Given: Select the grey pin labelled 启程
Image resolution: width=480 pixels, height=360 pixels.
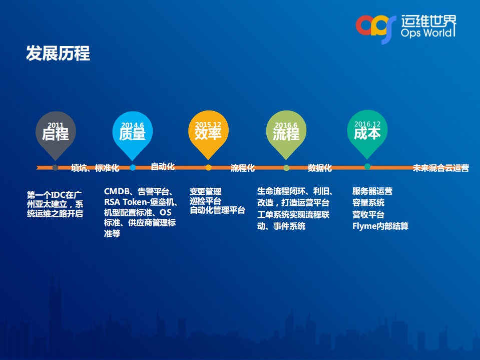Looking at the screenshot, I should tap(55, 132).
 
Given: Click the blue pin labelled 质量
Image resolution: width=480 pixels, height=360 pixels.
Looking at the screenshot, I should tap(132, 132).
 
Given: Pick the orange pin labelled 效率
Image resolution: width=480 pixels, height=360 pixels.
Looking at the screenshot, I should tap(208, 131).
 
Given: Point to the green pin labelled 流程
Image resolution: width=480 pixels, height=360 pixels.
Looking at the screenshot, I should tap(286, 132).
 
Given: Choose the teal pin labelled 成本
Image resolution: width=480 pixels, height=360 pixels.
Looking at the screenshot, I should tap(367, 131).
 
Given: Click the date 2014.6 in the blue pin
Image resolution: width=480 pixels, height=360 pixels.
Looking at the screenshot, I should tap(132, 125).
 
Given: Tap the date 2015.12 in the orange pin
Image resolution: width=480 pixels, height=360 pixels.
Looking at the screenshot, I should tap(208, 125).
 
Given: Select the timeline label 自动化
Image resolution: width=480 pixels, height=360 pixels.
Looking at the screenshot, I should tap(163, 166).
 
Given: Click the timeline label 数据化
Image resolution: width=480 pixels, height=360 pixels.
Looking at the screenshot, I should tap(319, 168).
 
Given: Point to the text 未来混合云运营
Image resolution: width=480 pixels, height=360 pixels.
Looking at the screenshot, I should tap(440, 168).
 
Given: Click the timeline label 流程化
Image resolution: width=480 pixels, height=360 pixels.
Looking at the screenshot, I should tap(242, 168).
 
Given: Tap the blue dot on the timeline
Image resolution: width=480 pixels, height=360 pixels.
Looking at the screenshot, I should tap(133, 168).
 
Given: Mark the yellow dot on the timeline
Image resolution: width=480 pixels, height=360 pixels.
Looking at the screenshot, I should tap(208, 168).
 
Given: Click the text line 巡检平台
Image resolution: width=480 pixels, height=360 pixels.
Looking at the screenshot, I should tap(205, 201).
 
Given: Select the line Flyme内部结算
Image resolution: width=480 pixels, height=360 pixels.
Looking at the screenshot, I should tap(380, 226).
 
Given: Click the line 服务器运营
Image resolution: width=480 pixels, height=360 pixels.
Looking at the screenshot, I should tap(372, 191).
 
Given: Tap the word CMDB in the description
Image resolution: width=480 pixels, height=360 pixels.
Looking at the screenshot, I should tap(117, 191).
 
